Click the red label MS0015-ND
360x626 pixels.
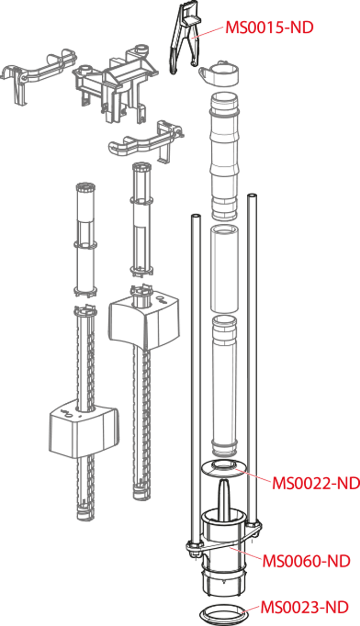[x=269, y=28]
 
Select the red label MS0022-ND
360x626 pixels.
[x=316, y=483]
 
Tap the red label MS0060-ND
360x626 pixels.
[x=305, y=561]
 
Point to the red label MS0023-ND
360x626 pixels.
[x=305, y=607]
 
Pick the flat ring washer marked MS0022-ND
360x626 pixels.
[x=223, y=468]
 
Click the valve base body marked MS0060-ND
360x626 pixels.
[x=223, y=553]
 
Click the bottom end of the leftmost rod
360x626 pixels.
[x=82, y=514]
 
